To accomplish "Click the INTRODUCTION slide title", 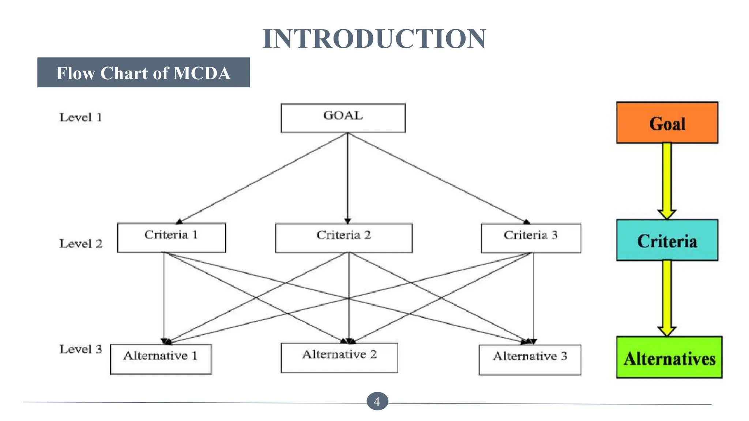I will tap(374, 39).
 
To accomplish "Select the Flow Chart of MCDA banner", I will tap(143, 72).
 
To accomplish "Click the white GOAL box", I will tap(343, 118).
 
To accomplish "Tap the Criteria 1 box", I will tap(171, 238).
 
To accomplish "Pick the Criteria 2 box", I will tap(344, 238).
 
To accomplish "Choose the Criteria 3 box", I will tap(531, 238).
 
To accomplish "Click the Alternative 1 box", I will tap(161, 359).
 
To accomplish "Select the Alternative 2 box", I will tap(339, 357).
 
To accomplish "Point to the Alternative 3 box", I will tap(530, 359).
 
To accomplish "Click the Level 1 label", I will tap(80, 117).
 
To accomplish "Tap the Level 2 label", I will tap(81, 243).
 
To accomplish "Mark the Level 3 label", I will tap(81, 349).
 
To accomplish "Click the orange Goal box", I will tap(667, 123).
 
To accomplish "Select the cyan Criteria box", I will tap(667, 240).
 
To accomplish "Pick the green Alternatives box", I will tap(669, 357).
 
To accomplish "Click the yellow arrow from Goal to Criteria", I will tap(667, 179).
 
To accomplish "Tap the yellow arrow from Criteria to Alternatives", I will tap(667, 296).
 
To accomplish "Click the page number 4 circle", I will tap(377, 401).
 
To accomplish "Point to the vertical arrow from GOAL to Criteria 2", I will tap(347, 175).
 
